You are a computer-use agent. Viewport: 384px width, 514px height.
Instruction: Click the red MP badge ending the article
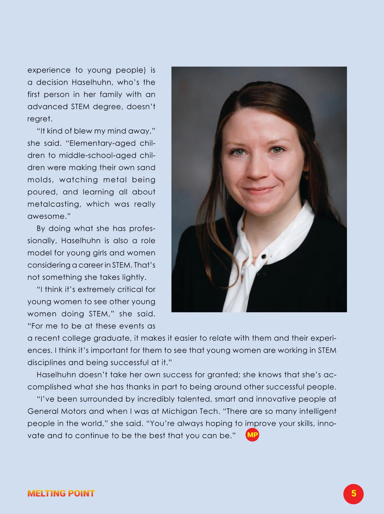click(252, 435)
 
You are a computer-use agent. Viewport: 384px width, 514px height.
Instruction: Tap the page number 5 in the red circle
click(353, 494)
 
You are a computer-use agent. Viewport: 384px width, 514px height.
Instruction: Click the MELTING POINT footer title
click(61, 494)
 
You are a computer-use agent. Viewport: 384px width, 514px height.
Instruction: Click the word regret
click(39, 119)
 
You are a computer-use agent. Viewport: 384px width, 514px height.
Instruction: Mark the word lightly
click(132, 277)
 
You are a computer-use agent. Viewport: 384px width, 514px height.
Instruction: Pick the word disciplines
click(47, 363)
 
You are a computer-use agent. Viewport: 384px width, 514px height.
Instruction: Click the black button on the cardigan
click(264, 257)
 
